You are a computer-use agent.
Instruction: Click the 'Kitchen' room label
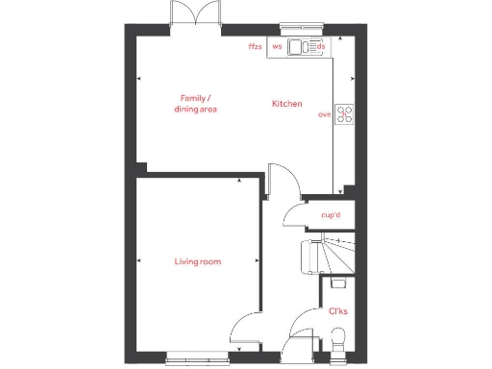coord(286,103)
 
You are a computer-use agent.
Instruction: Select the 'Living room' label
coord(197,261)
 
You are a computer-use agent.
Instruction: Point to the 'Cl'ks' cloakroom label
coord(337,310)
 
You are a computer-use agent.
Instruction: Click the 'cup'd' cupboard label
coord(331,215)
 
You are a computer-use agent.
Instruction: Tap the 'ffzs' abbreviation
coord(255,46)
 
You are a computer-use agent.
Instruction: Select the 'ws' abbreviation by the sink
coord(277,46)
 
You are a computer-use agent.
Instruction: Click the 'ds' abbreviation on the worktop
coord(321,46)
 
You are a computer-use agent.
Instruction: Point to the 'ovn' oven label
coord(324,114)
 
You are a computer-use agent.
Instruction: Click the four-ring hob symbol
coord(343,113)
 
